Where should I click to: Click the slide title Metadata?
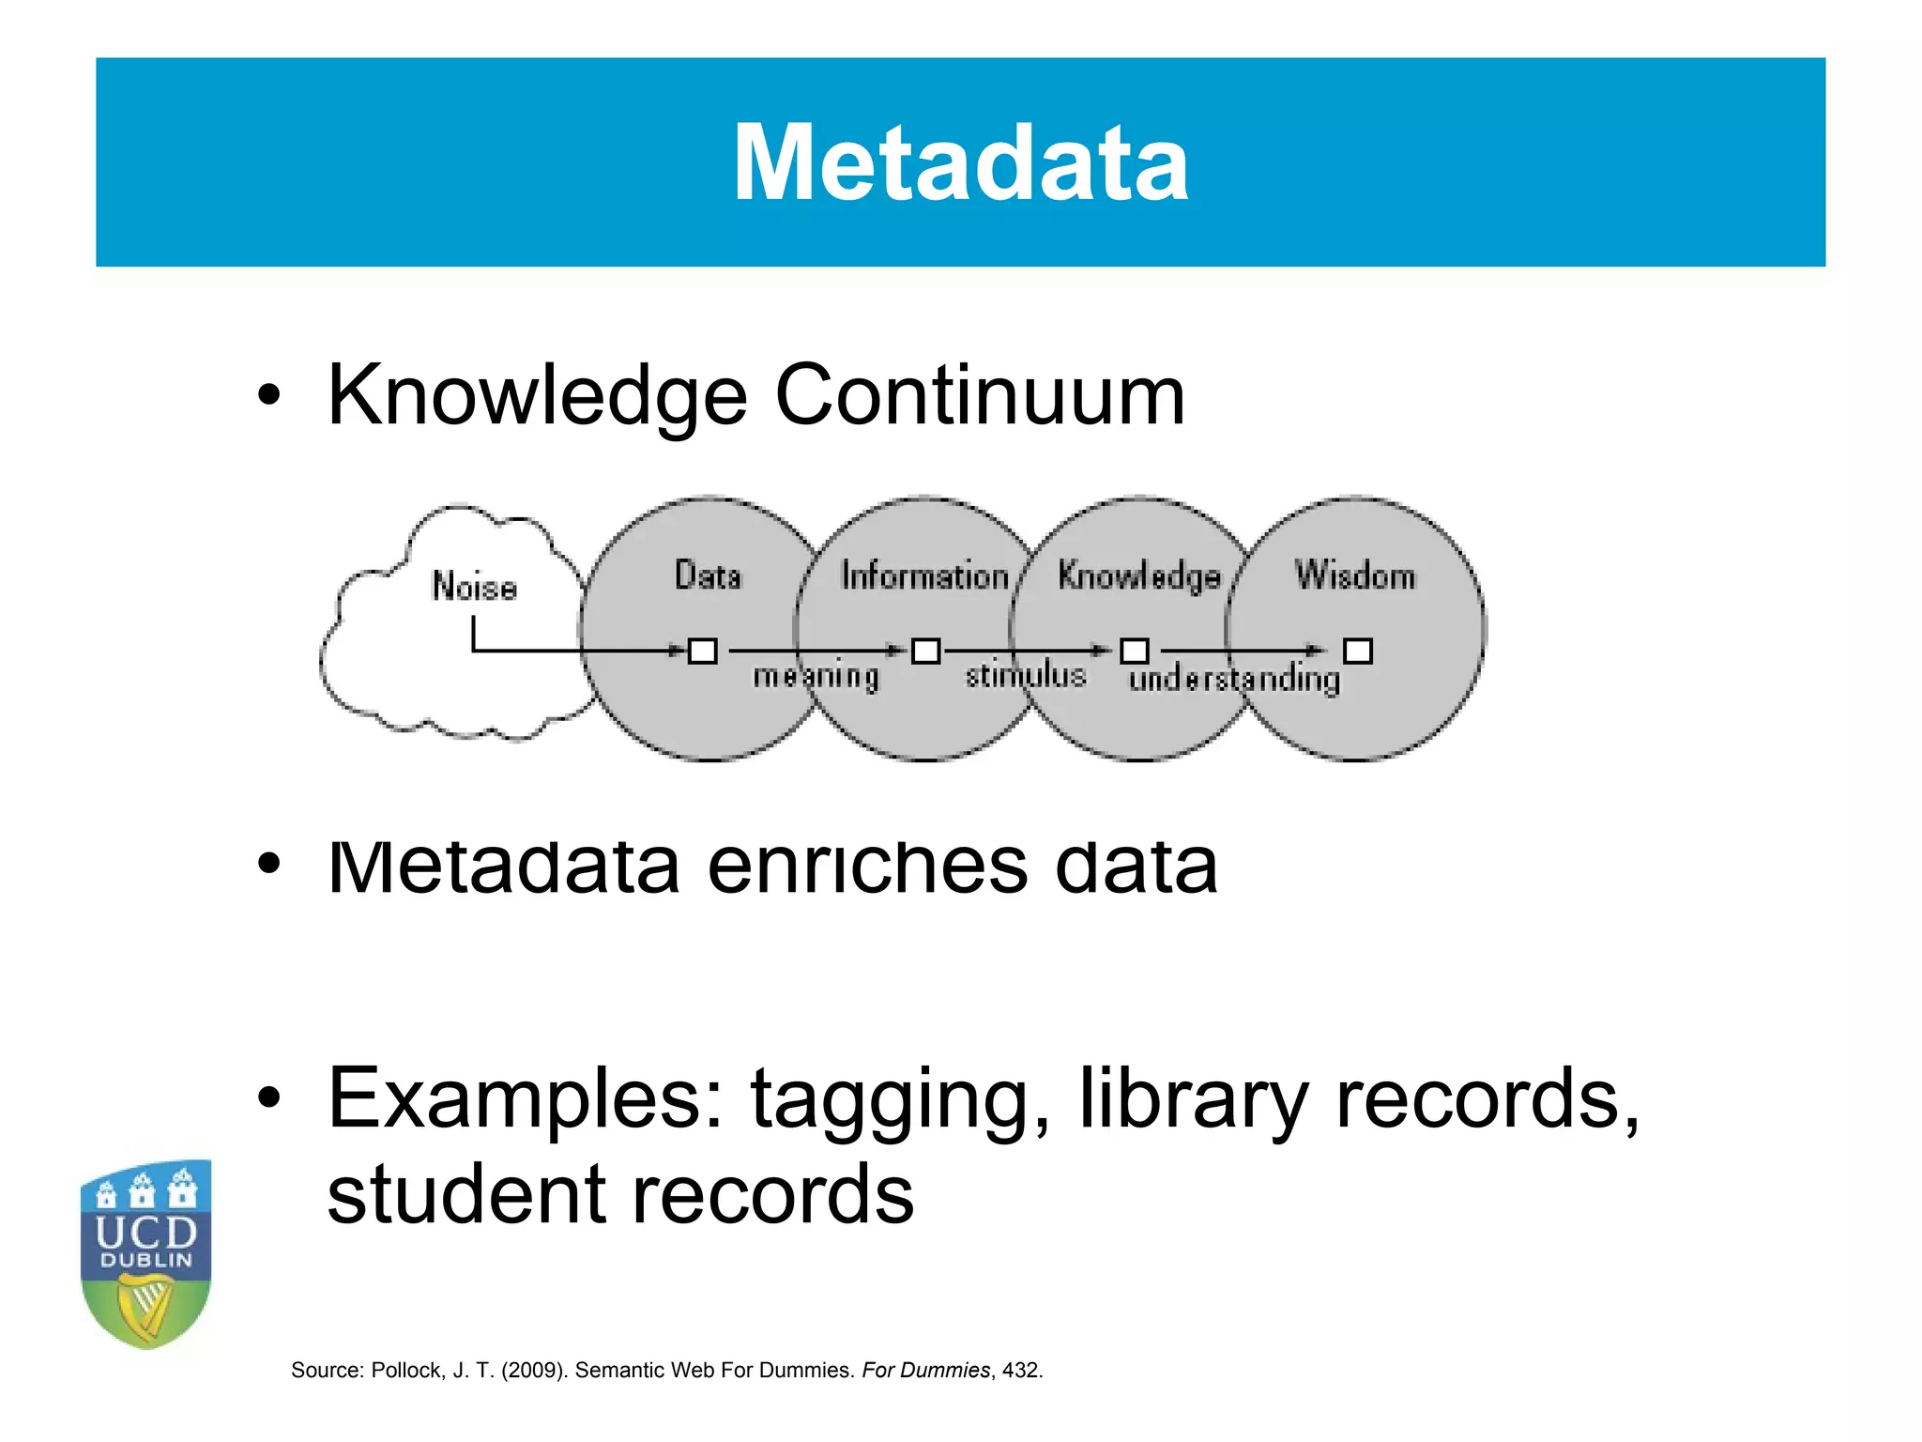960,163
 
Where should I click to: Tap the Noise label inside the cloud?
474,587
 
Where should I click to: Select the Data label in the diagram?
709,575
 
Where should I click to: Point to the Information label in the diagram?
924,575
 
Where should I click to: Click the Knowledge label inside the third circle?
1139,575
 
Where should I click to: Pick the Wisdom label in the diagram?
1355,575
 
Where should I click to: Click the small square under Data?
703,651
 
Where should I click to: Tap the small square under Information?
926,651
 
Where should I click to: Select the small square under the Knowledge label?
1135,651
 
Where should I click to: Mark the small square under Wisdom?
1358,651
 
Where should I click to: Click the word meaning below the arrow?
816,677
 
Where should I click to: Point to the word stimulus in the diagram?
1026,675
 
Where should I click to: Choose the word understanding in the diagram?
1234,679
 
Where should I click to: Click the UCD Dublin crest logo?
146,1253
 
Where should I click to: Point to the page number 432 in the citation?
1020,1371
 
